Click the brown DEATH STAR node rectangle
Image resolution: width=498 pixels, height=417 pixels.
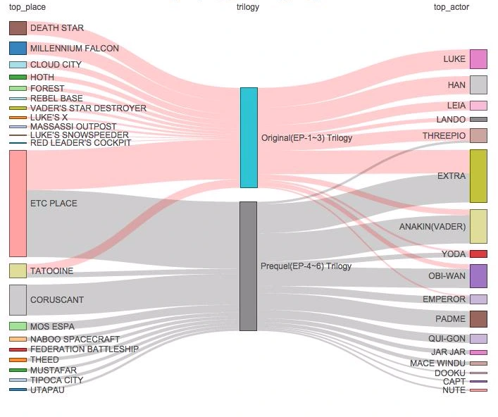pyautogui.click(x=18, y=28)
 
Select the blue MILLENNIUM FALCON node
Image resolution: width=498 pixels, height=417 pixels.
pyautogui.click(x=18, y=49)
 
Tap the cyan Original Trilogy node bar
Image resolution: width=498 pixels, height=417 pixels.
pyautogui.click(x=249, y=137)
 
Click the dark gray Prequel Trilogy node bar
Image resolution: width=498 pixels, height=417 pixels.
pyautogui.click(x=248, y=266)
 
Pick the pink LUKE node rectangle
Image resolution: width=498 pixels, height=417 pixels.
pyautogui.click(x=478, y=59)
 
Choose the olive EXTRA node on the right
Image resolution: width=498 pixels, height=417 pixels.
pyautogui.click(x=478, y=175)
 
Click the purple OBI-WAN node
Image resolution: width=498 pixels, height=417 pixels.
pyautogui.click(x=478, y=276)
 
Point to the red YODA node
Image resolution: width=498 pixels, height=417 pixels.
pyautogui.click(x=478, y=254)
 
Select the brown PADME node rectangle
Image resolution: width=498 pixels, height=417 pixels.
pyautogui.click(x=478, y=319)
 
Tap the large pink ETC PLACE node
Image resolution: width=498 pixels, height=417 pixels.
pyautogui.click(x=18, y=203)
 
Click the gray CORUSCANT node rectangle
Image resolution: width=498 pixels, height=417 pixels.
pyautogui.click(x=18, y=299)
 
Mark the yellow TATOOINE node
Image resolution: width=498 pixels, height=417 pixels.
pyautogui.click(x=18, y=270)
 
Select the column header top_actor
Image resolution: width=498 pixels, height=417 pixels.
pyautogui.click(x=451, y=7)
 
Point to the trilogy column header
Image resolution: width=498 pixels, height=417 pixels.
pyautogui.click(x=248, y=7)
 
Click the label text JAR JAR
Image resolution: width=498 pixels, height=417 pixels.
pyautogui.click(x=448, y=352)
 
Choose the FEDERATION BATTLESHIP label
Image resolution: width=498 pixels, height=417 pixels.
pyautogui.click(x=85, y=349)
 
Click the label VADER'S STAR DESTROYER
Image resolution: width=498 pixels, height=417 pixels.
pyautogui.click(x=88, y=108)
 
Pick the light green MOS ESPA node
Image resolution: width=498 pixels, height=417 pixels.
pyautogui.click(x=18, y=326)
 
